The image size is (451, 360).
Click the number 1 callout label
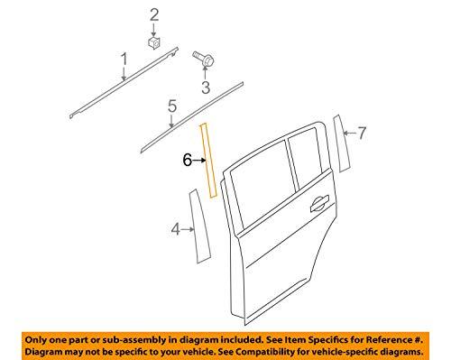point(124,60)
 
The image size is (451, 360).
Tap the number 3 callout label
point(205,88)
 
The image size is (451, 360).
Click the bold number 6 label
point(187,160)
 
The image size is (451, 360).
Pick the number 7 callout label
point(362,134)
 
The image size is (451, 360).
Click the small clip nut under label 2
point(154,42)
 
